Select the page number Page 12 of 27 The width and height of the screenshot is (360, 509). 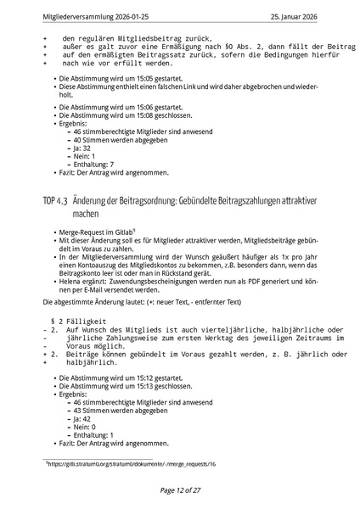tap(179, 490)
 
